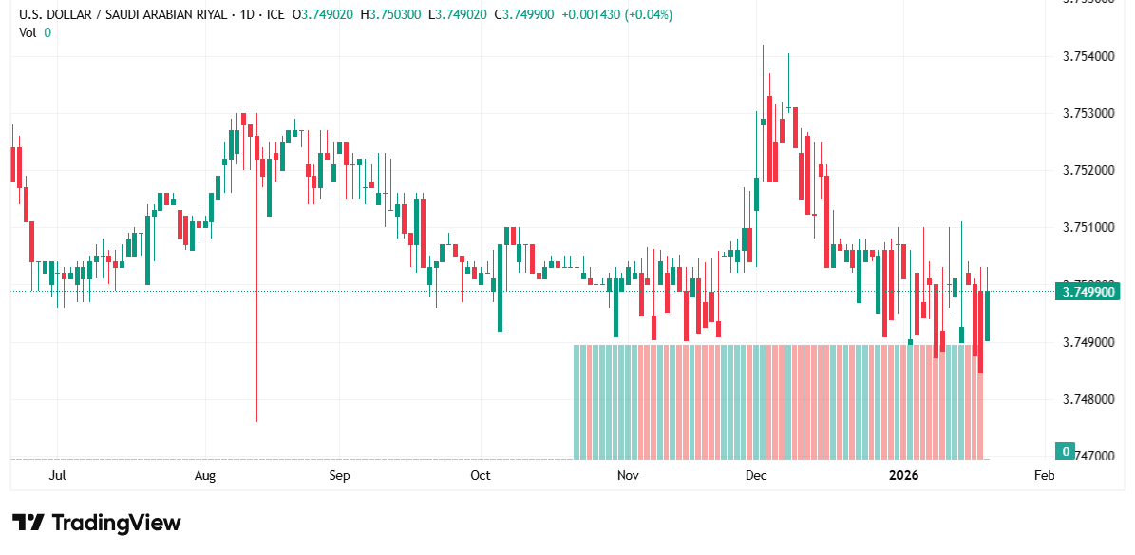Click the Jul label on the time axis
[x=57, y=475]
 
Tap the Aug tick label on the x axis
[x=205, y=475]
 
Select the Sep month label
[x=339, y=475]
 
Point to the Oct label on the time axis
[x=481, y=475]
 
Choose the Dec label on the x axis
[x=756, y=475]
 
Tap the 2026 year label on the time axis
[x=902, y=475]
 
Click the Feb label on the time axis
[x=1044, y=475]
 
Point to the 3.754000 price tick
[x=1088, y=57]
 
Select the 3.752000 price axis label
[x=1088, y=171]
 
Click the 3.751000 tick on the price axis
[x=1088, y=228]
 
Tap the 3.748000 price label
[x=1088, y=399]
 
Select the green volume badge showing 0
[x=1067, y=451]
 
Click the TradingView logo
[x=96, y=523]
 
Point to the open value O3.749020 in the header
[x=325, y=15]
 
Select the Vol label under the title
[x=28, y=32]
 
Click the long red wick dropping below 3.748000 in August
[x=257, y=361]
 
